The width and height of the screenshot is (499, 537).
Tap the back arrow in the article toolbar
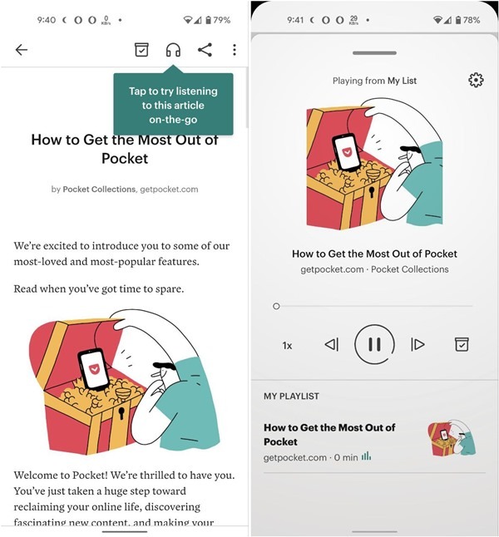point(22,50)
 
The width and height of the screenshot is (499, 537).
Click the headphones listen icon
point(173,50)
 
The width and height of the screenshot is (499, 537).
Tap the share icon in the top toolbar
point(205,50)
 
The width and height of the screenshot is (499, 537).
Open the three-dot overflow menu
point(235,50)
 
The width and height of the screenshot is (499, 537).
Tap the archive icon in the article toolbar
point(142,50)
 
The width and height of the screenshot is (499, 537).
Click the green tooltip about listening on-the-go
point(173,105)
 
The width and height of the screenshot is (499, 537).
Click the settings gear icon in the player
point(476,80)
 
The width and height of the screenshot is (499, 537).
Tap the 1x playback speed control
point(287,345)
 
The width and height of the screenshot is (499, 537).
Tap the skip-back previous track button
point(331,344)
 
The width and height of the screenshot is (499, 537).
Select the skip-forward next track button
point(417,344)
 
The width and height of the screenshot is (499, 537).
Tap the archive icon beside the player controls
point(462,344)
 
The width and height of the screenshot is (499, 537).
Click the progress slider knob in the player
point(276,306)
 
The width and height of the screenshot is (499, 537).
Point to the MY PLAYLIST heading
point(291,397)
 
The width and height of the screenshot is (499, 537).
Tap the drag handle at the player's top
point(374,52)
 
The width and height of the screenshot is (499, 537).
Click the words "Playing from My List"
point(374,81)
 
